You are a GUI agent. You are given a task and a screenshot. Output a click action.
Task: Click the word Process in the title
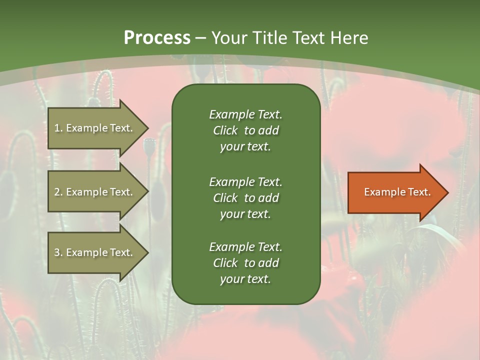[x=157, y=38]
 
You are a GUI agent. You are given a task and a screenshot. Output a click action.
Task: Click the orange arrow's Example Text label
[x=397, y=192]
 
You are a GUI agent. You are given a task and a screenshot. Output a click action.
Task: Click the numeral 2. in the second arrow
[x=58, y=192]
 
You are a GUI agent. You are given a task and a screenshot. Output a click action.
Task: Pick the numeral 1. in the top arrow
[x=58, y=128]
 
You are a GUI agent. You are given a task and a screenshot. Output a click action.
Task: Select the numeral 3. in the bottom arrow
[x=58, y=252]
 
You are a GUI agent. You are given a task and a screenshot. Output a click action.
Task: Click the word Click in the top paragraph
[x=225, y=130]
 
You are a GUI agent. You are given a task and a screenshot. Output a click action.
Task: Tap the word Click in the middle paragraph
[x=225, y=198]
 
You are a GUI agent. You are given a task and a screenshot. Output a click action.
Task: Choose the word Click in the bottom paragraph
[x=225, y=263]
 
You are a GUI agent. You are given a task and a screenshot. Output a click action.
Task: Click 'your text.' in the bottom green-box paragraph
[x=245, y=279]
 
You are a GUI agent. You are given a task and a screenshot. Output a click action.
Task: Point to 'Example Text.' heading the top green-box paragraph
[x=245, y=114]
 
